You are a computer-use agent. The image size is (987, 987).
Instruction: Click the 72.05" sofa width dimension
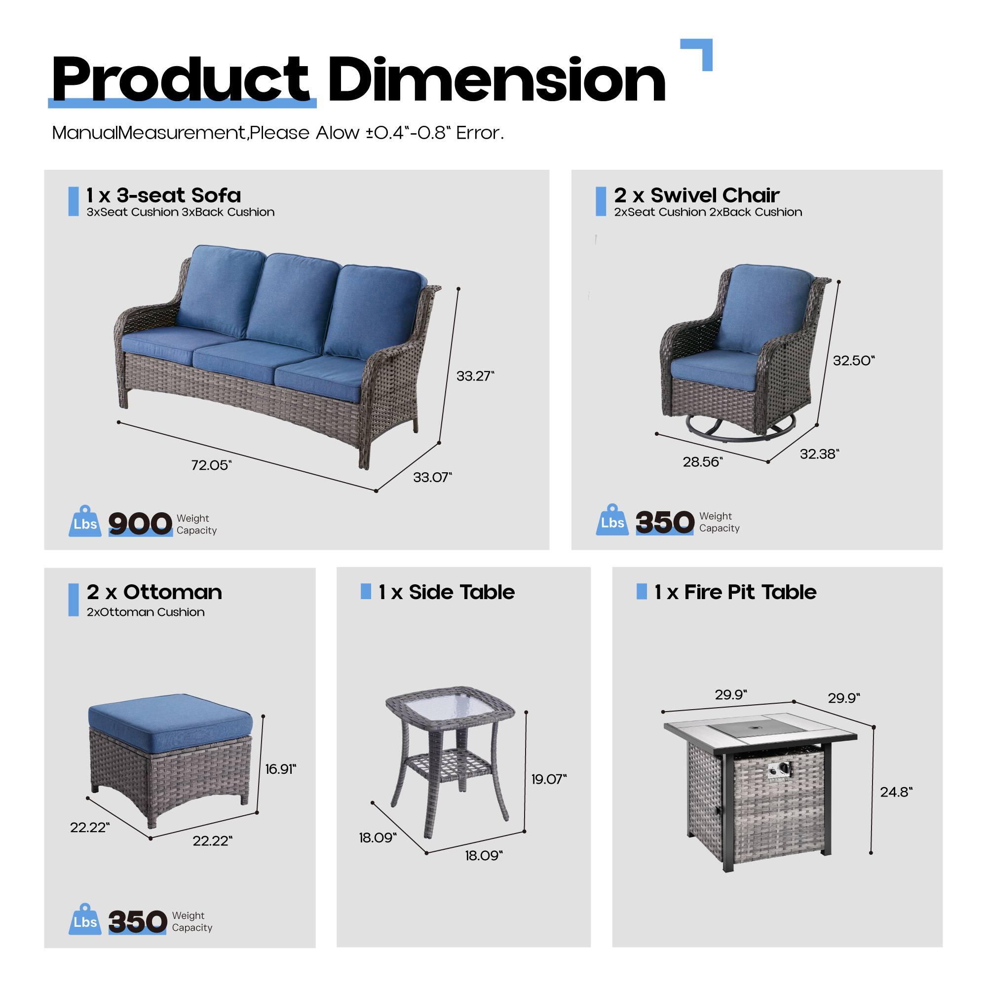pyautogui.click(x=211, y=465)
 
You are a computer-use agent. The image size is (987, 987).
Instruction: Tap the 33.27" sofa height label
pyautogui.click(x=475, y=376)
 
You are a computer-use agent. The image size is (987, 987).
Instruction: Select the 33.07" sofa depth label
pyautogui.click(x=432, y=477)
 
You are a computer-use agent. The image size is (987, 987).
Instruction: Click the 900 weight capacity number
pyautogui.click(x=140, y=523)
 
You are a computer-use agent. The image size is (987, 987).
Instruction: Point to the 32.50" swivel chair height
pyautogui.click(x=853, y=360)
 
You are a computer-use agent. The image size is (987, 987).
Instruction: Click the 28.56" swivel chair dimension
pyautogui.click(x=702, y=462)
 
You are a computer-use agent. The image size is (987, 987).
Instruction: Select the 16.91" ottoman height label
pyautogui.click(x=280, y=769)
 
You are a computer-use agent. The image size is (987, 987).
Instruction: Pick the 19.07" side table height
pyautogui.click(x=549, y=779)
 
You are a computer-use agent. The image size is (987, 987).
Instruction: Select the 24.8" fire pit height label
pyautogui.click(x=896, y=792)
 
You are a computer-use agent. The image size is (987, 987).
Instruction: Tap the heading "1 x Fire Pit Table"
pyautogui.click(x=735, y=592)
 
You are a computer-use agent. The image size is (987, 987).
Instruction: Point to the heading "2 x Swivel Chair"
pyautogui.click(x=696, y=195)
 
